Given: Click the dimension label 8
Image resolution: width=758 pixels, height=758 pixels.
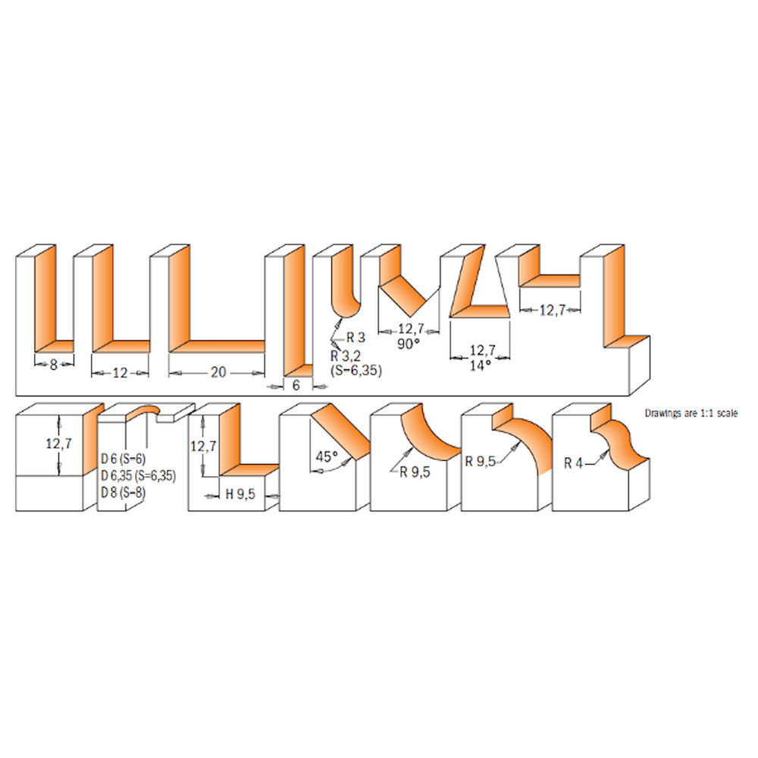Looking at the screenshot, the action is click(54, 365).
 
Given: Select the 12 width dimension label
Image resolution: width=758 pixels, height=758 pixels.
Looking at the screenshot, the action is click(120, 373).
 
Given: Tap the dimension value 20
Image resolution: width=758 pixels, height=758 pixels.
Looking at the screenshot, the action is click(218, 372).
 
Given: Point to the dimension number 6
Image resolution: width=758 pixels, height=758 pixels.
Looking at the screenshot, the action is click(296, 385).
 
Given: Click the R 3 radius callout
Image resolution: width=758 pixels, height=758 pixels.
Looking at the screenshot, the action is click(356, 337).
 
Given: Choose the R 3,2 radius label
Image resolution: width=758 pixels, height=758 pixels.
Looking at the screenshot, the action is click(345, 356).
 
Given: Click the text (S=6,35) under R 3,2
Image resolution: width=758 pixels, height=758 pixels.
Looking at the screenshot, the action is click(356, 371).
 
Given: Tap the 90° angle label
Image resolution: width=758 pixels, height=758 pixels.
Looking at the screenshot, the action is click(409, 343).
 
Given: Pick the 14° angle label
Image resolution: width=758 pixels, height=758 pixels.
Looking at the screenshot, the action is click(480, 365).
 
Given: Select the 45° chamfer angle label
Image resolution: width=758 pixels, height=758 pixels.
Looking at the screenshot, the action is click(326, 456).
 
